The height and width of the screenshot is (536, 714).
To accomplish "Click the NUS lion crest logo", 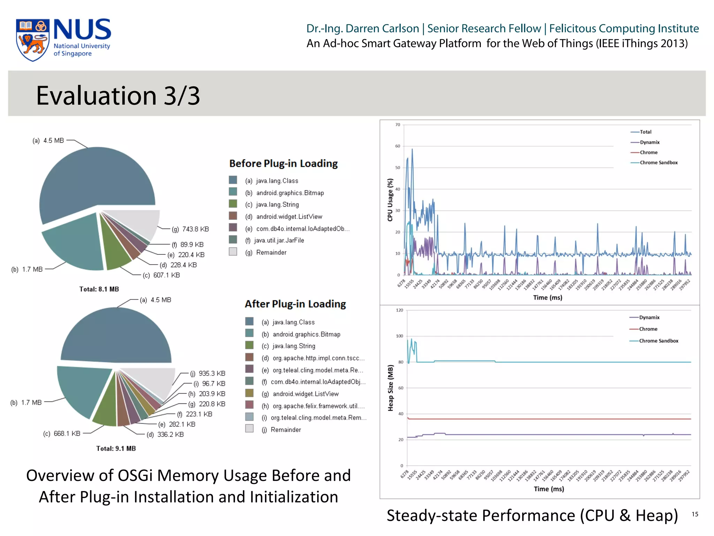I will pos(32,40).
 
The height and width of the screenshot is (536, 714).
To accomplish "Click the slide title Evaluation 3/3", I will pos(118,96).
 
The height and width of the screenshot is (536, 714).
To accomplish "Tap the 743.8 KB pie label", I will pos(190,229).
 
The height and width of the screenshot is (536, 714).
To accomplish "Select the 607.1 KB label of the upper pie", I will pos(161,275).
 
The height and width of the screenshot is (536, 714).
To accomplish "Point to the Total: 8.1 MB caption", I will pos(99,289).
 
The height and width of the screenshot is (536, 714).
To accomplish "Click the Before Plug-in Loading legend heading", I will pos(283,164).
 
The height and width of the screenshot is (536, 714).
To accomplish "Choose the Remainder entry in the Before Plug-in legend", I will pos(271,252).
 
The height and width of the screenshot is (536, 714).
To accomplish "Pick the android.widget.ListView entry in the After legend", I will pos(305,394).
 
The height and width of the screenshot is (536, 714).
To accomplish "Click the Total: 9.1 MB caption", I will pos(116,449).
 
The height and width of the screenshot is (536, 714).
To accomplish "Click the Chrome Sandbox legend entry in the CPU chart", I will pos(658,163).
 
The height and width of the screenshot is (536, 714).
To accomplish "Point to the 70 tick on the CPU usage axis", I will pos(398,125).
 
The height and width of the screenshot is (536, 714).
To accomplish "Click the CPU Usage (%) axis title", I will pos(390,200).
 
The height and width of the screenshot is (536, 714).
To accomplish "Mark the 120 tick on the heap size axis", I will pos(400,310).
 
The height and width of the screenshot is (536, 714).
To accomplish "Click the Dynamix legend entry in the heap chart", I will pos(649,318).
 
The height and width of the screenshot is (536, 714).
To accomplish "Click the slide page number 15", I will pos(695,514).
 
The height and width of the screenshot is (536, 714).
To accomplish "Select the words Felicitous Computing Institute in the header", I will pos(624,29).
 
